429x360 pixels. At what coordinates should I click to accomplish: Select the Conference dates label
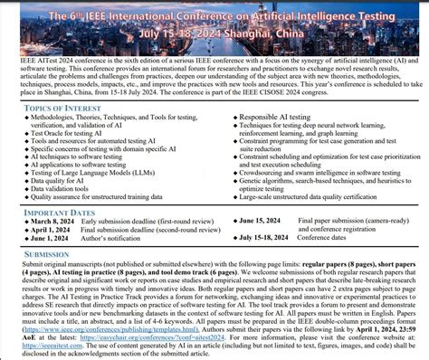(324, 237)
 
